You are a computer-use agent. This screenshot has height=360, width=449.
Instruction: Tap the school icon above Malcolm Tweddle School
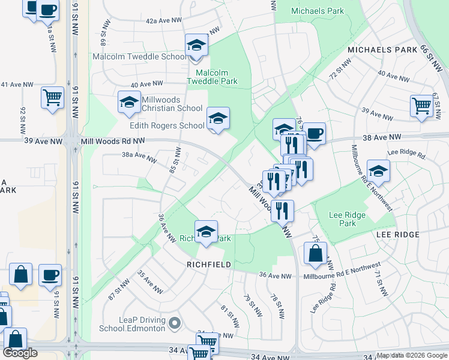click(196, 45)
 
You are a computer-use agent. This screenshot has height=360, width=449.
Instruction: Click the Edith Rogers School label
click(167, 125)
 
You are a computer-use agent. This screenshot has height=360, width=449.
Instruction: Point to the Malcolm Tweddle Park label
click(212, 76)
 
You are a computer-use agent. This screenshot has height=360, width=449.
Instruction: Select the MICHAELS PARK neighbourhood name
click(381, 50)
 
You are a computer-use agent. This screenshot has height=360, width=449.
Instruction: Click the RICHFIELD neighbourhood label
click(208, 264)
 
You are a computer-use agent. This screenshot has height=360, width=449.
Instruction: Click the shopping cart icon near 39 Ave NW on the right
click(421, 106)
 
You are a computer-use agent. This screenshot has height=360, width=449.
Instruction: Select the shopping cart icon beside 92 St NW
click(53, 98)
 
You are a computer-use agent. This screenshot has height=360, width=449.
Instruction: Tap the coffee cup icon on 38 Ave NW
click(313, 134)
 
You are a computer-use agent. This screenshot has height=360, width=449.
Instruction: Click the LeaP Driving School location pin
click(175, 324)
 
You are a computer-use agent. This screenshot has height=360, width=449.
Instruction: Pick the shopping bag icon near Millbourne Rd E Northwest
click(315, 254)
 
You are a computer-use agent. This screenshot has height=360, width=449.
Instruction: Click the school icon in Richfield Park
click(206, 232)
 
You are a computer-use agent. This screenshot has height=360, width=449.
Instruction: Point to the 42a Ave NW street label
click(164, 20)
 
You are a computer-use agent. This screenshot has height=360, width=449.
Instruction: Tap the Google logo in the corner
click(20, 353)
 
